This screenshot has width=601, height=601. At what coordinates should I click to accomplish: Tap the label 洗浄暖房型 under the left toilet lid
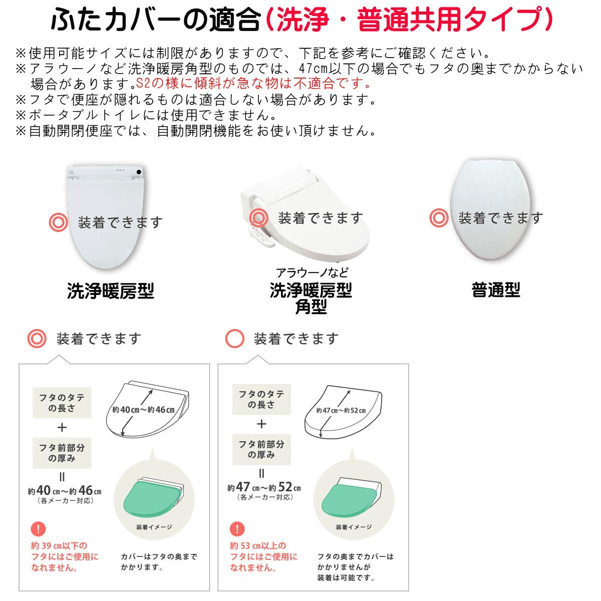(110, 290)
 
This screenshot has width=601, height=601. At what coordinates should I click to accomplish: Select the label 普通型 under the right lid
(496, 289)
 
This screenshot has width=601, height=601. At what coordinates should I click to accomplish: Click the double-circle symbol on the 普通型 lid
(439, 218)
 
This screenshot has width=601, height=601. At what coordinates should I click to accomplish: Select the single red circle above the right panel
(235, 339)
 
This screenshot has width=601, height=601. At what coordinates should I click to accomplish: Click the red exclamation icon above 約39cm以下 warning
(38, 528)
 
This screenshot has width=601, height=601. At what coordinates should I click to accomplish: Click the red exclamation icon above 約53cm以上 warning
(237, 528)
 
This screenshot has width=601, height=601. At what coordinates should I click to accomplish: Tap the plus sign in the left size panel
(62, 427)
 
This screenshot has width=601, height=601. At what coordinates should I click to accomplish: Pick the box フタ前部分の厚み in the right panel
(261, 449)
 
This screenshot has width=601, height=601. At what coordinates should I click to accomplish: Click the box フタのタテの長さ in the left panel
(62, 403)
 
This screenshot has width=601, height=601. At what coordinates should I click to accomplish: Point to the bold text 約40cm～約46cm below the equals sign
(65, 491)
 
